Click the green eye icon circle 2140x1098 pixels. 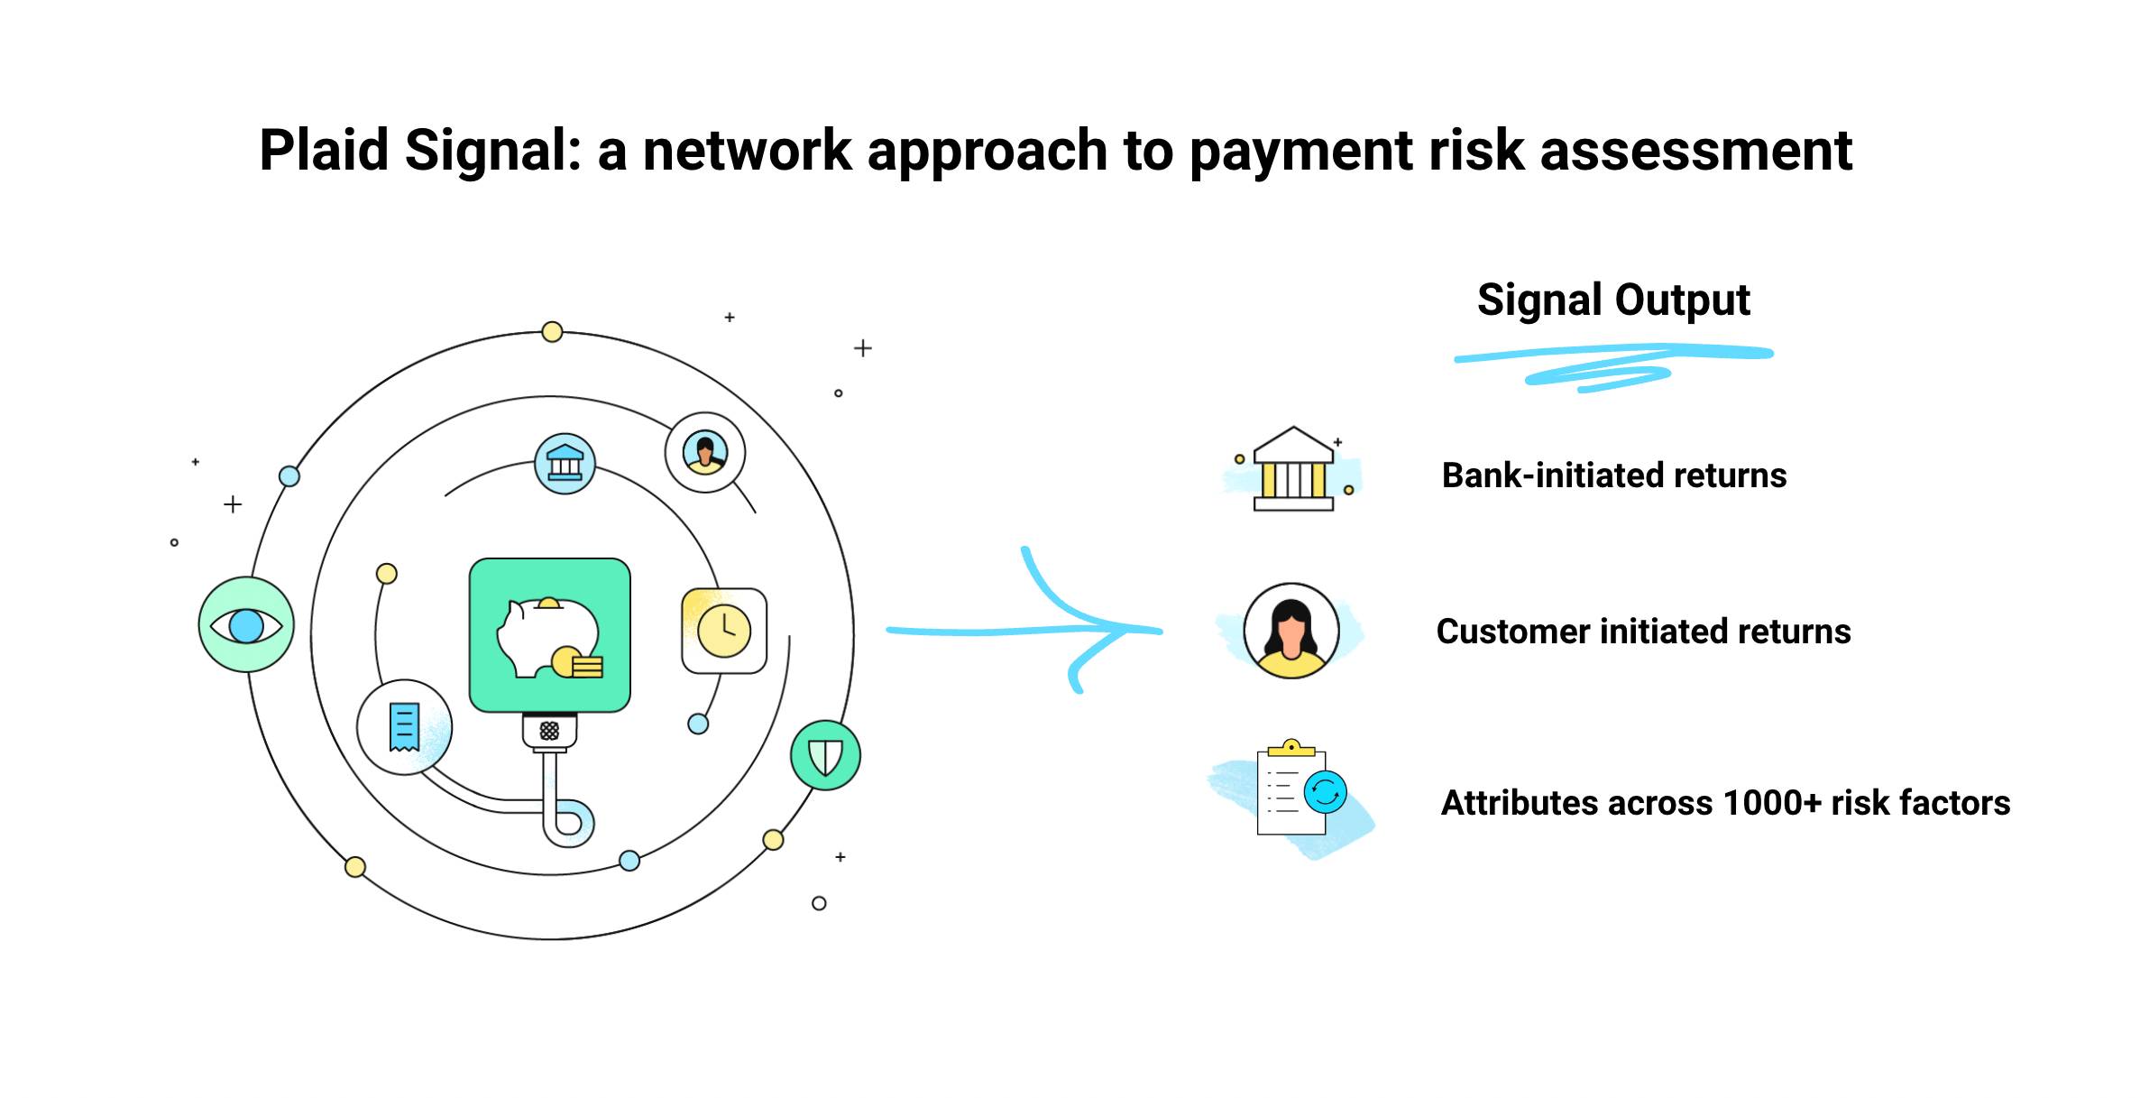(246, 625)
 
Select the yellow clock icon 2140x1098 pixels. (724, 631)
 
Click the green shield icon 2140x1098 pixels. (825, 756)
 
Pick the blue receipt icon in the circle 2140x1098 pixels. (404, 727)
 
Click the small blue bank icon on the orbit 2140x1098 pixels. (565, 464)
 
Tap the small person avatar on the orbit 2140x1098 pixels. (705, 452)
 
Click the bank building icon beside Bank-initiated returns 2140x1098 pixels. (1293, 470)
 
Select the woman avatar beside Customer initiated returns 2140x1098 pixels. (1290, 631)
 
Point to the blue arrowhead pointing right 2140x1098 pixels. (1118, 629)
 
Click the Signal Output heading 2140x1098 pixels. (1612, 300)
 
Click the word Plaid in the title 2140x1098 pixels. (323, 150)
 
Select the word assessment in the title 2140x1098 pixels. (1695, 150)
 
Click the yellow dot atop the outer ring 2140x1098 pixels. (552, 332)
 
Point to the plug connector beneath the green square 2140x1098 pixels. (549, 731)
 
